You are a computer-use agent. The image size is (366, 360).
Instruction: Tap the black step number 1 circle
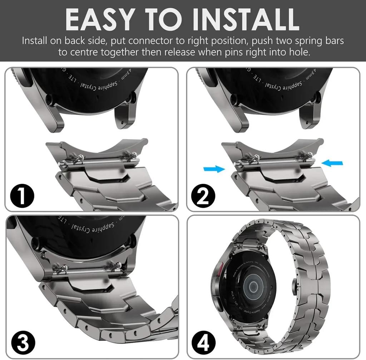click(22, 196)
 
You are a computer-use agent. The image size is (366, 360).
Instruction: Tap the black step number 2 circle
click(203, 196)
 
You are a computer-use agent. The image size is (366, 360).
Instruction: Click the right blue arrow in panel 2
click(332, 163)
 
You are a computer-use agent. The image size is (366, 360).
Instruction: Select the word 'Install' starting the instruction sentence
click(34, 40)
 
